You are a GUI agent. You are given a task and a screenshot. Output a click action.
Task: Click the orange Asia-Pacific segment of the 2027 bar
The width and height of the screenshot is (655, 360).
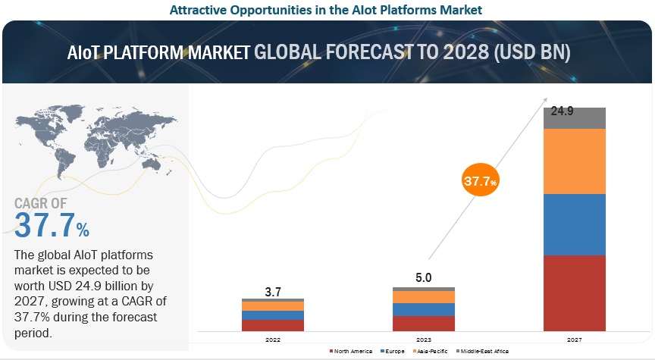tap(575, 161)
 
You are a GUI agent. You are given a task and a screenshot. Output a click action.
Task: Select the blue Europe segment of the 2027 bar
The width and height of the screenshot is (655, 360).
tap(575, 224)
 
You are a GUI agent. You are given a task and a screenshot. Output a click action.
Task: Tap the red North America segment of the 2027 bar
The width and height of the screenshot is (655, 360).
tap(575, 293)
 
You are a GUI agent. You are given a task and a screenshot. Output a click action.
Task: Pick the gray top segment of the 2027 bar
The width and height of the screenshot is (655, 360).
tap(575, 118)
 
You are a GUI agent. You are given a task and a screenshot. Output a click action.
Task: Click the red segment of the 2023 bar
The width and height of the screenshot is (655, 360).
tap(424, 323)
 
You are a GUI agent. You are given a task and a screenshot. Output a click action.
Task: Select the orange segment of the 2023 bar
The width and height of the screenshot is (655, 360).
tap(424, 297)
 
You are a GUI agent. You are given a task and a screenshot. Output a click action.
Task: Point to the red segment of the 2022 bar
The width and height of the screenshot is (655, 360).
tap(272, 325)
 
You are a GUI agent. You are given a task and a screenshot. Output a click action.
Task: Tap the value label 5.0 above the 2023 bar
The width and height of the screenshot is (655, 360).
tap(424, 278)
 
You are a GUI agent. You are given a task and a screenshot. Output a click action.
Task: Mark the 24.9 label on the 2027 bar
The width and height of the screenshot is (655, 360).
tap(562, 111)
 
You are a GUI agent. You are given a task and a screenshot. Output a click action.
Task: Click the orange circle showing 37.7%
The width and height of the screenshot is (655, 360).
tap(480, 182)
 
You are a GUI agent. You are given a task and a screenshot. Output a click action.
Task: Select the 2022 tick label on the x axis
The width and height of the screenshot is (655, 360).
tap(272, 340)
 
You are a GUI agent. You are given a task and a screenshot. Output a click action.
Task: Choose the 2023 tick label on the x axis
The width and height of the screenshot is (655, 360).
tap(424, 340)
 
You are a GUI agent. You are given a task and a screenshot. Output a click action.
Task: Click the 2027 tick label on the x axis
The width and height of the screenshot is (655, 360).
tap(575, 340)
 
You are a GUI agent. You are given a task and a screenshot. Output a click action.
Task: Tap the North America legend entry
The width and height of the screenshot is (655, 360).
tap(350, 352)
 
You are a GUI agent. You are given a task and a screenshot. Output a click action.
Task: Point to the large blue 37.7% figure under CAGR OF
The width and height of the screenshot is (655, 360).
tap(52, 226)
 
